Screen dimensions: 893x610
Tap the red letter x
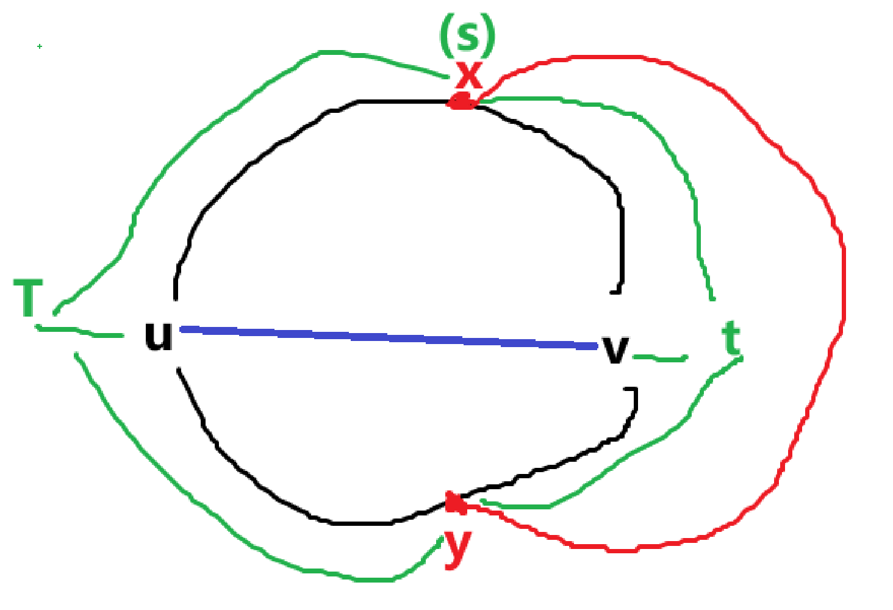tap(469, 76)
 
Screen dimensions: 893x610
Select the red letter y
tap(457, 547)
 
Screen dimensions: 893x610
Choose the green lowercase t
tap(731, 339)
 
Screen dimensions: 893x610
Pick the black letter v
tap(615, 350)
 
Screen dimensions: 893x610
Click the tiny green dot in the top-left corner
tap(40, 46)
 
